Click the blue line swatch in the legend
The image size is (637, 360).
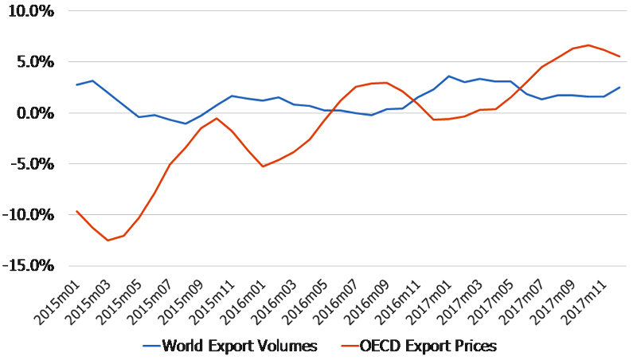tap(151, 346)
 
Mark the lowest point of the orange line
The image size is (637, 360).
tap(107, 241)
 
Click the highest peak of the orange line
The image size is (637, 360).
tap(588, 45)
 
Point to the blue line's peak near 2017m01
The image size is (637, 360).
tap(449, 76)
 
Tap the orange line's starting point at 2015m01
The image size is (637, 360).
tap(77, 211)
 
